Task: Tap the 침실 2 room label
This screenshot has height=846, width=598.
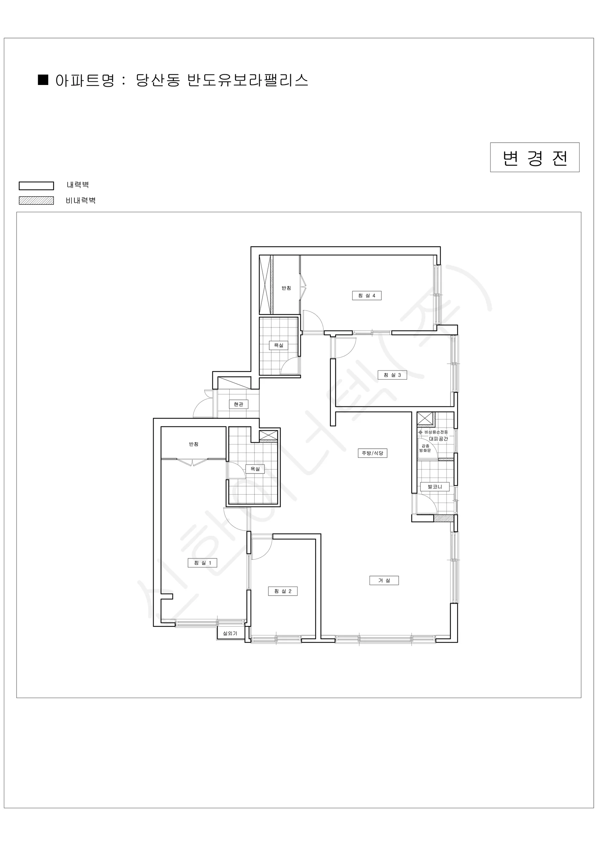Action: [x=282, y=591]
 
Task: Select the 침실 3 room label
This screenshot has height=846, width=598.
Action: [x=392, y=375]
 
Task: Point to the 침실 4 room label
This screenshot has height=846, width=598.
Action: [x=367, y=295]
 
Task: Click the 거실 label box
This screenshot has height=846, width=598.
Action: [x=384, y=580]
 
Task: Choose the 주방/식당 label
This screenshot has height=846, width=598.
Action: [x=373, y=453]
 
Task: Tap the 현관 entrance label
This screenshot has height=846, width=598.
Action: [x=239, y=404]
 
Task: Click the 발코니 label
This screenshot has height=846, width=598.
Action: [x=435, y=487]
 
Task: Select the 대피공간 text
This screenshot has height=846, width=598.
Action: [x=438, y=439]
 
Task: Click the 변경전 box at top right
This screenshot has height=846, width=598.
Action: [x=535, y=157]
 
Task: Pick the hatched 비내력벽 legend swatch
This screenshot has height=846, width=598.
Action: [x=37, y=201]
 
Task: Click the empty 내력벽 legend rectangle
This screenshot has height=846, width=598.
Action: [x=37, y=186]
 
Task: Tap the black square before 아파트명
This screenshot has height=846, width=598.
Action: [x=43, y=80]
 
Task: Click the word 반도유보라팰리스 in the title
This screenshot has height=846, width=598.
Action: [x=248, y=80]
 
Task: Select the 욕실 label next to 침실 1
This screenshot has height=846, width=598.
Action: [x=255, y=469]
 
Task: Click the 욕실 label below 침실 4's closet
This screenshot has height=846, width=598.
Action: [x=279, y=345]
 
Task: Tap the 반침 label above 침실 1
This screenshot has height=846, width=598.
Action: [x=194, y=444]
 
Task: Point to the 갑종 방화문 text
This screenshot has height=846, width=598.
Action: [x=425, y=448]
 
